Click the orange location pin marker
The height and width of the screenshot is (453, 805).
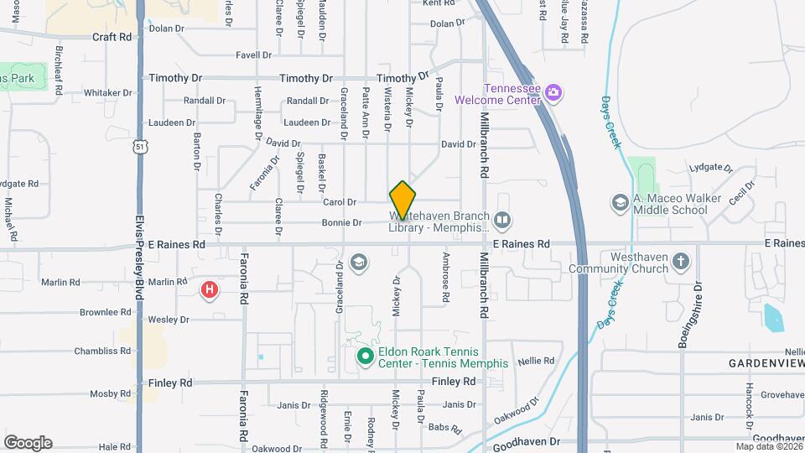point(402,200)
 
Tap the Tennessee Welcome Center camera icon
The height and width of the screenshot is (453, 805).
point(553,91)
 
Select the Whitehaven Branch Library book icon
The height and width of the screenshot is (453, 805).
point(502,221)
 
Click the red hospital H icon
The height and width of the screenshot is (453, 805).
point(210,290)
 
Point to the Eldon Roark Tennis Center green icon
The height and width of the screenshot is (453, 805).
point(365,357)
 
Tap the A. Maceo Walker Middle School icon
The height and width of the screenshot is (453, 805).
point(620,203)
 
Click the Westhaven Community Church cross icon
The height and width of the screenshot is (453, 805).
point(681,262)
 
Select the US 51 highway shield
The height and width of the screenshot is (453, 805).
point(139,147)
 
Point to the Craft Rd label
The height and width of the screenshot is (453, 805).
point(112,37)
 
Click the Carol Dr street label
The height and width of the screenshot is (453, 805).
point(340,202)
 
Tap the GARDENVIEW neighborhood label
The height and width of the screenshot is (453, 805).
point(766,363)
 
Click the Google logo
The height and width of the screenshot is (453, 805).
point(28,443)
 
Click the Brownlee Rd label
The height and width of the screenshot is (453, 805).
point(105,312)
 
